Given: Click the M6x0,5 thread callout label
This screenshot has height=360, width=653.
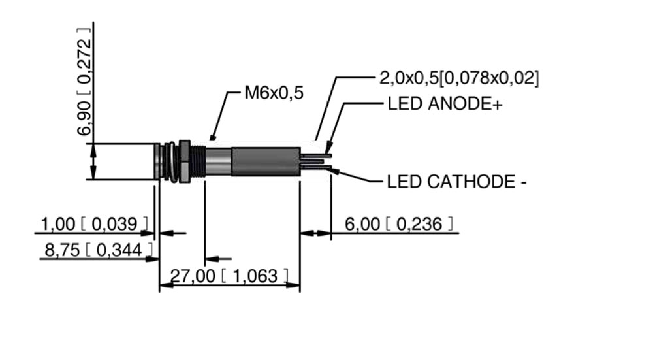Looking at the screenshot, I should pyautogui.click(x=274, y=93).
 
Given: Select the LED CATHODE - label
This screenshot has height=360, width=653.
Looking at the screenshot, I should pyautogui.click(x=456, y=181).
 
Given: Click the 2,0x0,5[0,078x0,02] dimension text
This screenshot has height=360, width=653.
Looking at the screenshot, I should pyautogui.click(x=458, y=78).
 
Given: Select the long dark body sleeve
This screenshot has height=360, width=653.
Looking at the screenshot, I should pyautogui.click(x=265, y=161).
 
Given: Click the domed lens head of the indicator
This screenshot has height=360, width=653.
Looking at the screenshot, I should pyautogui.click(x=157, y=161).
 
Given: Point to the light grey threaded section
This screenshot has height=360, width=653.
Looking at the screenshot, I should pyautogui.click(x=218, y=161).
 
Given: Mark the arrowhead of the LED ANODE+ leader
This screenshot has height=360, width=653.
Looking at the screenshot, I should pyautogui.click(x=330, y=150).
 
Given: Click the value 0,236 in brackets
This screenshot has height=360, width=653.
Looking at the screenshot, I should pyautogui.click(x=420, y=224).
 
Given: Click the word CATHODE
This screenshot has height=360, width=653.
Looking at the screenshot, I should pyautogui.click(x=470, y=181).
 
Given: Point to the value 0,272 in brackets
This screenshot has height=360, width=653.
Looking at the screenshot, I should pyautogui.click(x=84, y=56).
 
